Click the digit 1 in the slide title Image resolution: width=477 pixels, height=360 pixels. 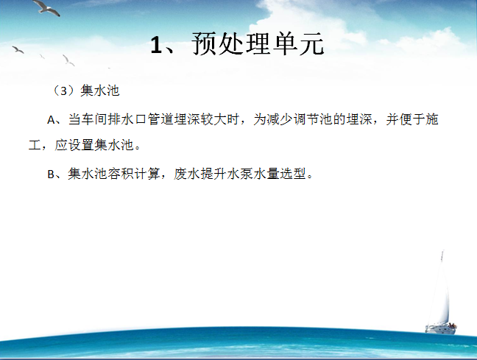tap(155, 45)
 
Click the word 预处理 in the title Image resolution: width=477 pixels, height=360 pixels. tap(231, 44)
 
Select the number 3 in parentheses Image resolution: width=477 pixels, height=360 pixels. tap(63, 91)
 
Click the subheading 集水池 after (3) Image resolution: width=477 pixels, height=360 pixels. tap(100, 91)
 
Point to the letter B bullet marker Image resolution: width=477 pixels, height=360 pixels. tap(51, 174)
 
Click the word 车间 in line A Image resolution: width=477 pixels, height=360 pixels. tap(94, 119)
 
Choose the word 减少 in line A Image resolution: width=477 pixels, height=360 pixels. tap(280, 119)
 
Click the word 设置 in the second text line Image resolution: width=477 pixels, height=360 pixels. tap(81, 145)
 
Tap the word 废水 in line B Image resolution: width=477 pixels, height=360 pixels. tap(187, 174)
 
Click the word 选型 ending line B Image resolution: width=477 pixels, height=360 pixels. tap(293, 174)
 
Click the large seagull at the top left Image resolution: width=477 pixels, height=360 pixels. tap(46, 7)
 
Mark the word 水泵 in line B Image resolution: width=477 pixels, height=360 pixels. tap(240, 174)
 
